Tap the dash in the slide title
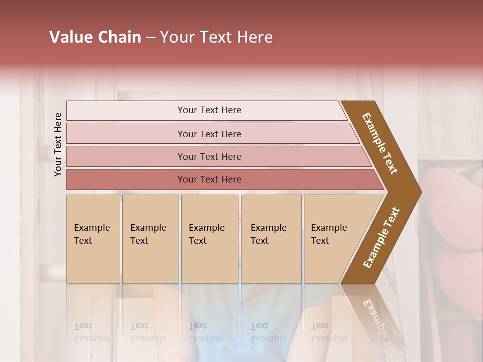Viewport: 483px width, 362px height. pos(151,38)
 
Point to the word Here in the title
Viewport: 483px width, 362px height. pos(255,37)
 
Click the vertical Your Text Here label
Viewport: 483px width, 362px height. pos(58,144)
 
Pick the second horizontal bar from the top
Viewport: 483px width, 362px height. pos(209,134)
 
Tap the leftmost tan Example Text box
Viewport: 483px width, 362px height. pos(93,238)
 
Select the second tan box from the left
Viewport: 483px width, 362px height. pos(150,238)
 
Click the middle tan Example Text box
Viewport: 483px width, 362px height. pos(209,238)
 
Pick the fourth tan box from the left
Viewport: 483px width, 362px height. pos(271,238)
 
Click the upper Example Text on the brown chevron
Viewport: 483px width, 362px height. pos(380,143)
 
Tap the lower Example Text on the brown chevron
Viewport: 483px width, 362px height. pos(381,238)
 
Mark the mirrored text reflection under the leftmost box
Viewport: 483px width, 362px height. pos(92,332)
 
